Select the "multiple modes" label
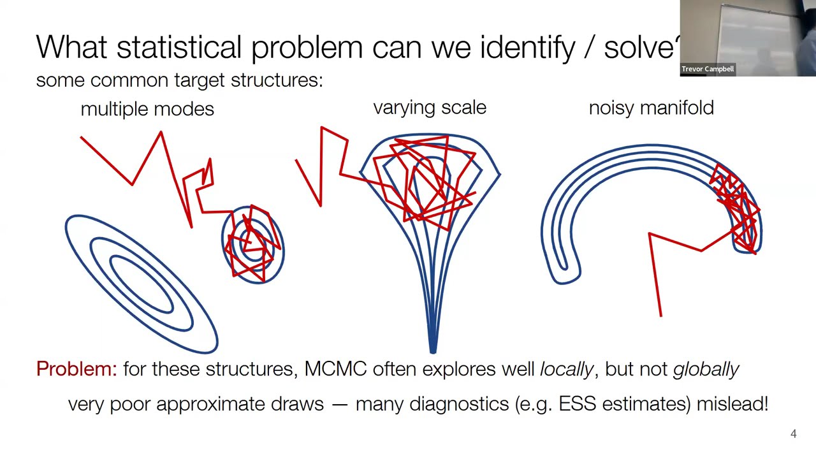point(147,109)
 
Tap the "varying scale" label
point(430,108)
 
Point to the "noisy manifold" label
point(651,108)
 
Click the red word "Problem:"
point(76,369)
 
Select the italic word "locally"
point(566,369)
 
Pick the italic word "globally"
point(706,369)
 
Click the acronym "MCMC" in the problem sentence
point(335,369)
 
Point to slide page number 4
point(794,434)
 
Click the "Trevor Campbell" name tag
point(708,69)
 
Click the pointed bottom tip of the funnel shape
point(433,350)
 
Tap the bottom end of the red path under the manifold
point(661,315)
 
